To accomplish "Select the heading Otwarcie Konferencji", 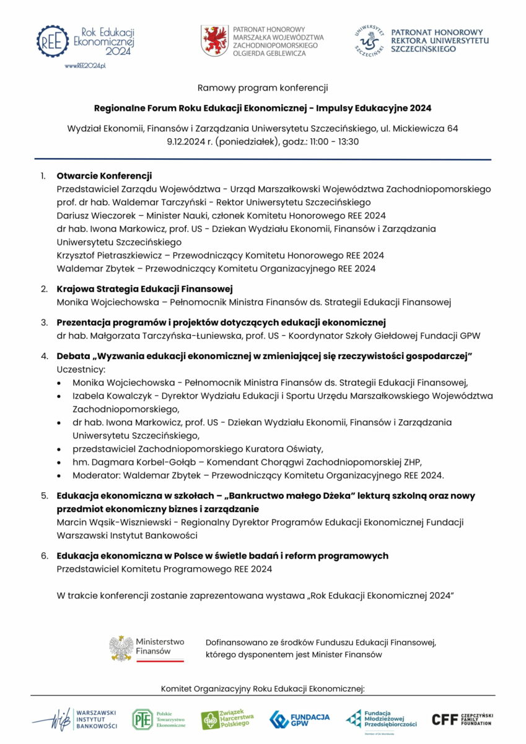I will coord(104,175).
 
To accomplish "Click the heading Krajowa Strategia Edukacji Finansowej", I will coord(144,289).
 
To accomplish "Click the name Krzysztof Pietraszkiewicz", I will coord(110,255).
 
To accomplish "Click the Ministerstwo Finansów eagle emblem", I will coord(121,648).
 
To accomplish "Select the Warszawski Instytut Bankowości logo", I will coord(76,719).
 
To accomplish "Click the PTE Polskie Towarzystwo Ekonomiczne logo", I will coord(159,719).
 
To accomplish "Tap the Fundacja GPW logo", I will coord(299,719).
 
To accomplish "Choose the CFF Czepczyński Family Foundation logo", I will coord(461,719).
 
